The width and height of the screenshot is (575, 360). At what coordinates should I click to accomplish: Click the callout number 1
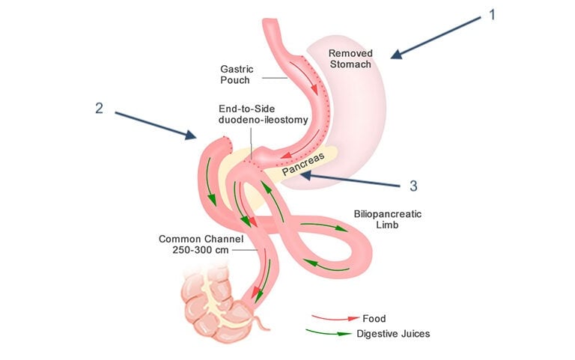491,15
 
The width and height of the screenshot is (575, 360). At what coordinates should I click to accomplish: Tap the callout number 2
99,107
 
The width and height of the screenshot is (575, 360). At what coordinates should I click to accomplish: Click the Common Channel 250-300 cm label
192,245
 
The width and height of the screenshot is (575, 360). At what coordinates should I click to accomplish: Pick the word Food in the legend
372,319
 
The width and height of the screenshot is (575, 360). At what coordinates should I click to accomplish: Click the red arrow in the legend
329,319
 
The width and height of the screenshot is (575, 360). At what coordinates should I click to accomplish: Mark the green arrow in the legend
329,334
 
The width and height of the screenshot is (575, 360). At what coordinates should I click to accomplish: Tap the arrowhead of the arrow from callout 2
196,137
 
